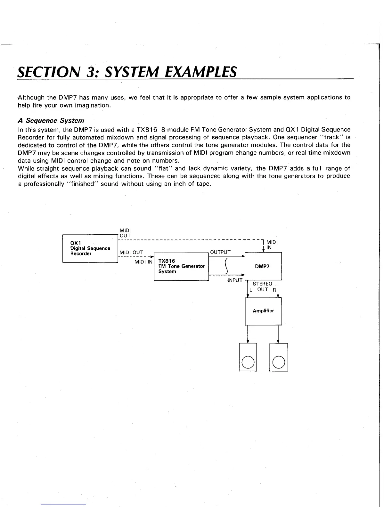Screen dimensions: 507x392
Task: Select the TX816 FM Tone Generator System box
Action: point(181,266)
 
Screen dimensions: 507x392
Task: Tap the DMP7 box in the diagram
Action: point(263,266)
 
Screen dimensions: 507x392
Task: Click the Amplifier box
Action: point(263,311)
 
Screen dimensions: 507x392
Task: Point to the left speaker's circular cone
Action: point(248,362)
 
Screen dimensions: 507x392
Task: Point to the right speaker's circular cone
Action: point(279,362)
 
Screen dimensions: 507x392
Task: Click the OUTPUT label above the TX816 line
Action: point(220,252)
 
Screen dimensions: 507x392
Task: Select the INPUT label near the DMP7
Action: point(235,280)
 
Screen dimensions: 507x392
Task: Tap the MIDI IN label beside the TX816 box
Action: point(143,262)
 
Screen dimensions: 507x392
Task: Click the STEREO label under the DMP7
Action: point(262,284)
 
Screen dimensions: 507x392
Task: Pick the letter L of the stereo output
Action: point(251,290)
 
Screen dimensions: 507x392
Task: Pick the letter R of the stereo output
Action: point(274,290)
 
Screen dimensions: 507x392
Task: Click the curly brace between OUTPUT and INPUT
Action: point(226,266)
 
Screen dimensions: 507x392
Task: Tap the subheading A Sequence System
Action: point(51,121)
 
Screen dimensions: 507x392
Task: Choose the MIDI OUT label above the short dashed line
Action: point(131,252)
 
